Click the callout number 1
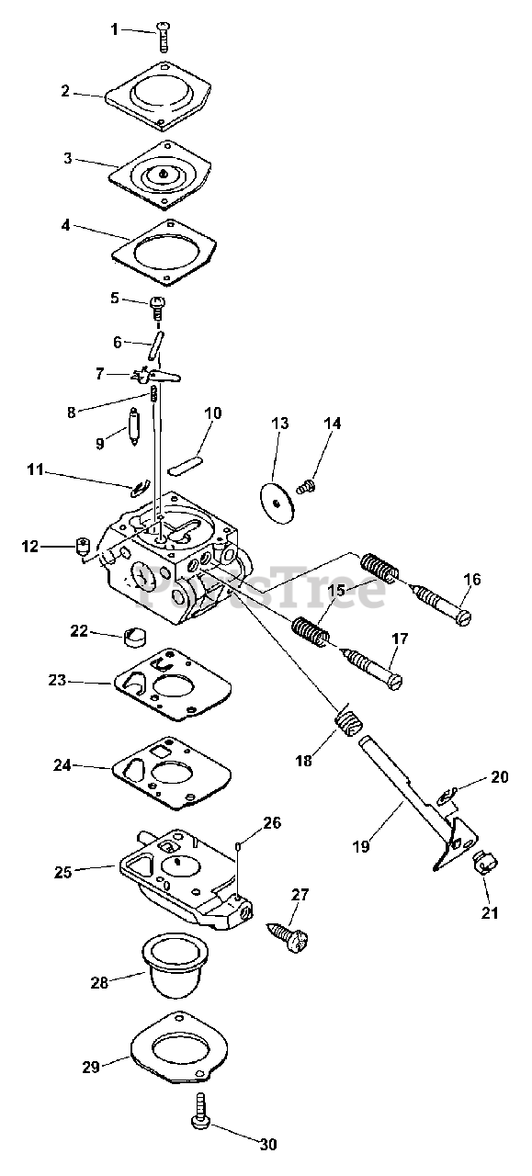tap(115, 29)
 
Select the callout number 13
tap(280, 424)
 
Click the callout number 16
tap(472, 579)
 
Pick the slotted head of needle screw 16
tap(462, 619)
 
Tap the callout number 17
tap(400, 639)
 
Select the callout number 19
tap(361, 846)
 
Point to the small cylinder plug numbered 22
tap(135, 637)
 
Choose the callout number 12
tap(30, 547)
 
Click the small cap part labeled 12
tap(83, 547)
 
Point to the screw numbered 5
tap(157, 308)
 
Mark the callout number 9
tap(100, 444)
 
